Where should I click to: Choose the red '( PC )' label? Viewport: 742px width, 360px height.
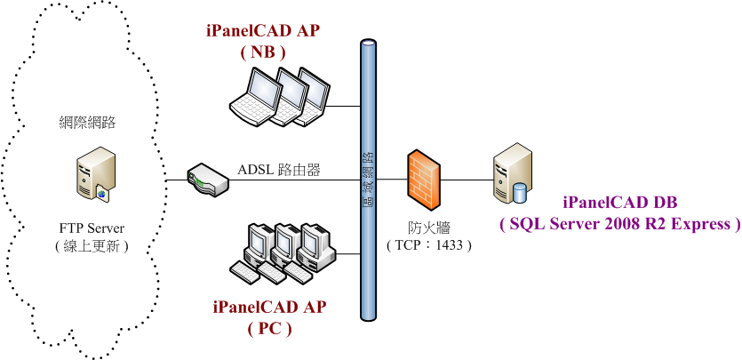269,328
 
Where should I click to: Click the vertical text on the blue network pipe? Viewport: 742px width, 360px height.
368,178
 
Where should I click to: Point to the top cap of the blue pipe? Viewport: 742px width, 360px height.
368,43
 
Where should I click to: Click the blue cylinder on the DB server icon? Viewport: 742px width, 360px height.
521,190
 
